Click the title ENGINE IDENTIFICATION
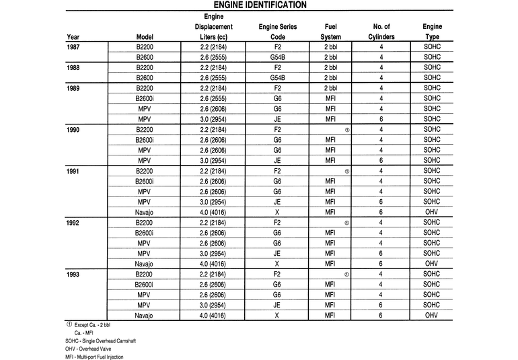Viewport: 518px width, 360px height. pos(259,5)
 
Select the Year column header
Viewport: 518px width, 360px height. pos(73,37)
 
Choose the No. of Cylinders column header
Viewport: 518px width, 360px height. pos(381,32)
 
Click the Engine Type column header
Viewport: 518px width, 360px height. pos(432,32)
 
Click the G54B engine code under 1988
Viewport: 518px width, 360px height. pos(277,78)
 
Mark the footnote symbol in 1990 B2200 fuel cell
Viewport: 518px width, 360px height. pos(346,129)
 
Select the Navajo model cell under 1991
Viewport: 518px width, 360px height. pos(144,212)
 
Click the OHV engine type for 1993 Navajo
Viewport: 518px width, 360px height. pos(432,315)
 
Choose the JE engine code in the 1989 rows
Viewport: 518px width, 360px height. pos(277,119)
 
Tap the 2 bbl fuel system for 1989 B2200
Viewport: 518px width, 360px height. pos(330,88)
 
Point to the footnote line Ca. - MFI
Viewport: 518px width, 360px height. pos(84,332)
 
